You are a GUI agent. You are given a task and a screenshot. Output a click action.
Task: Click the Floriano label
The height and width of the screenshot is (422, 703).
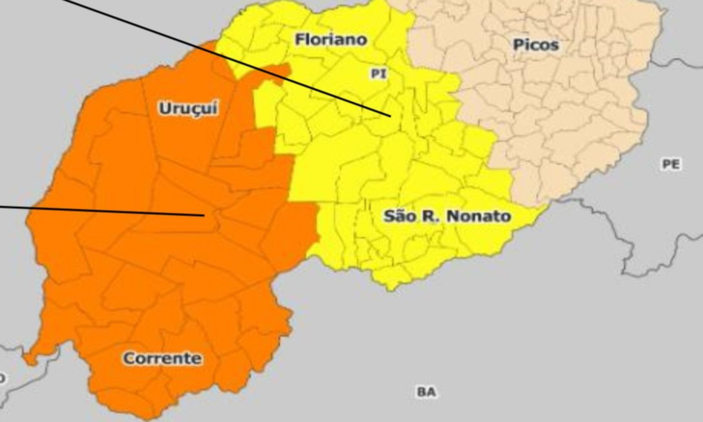[x=331, y=39]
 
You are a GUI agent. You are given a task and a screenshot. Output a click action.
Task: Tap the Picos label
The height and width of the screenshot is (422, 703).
[x=536, y=45]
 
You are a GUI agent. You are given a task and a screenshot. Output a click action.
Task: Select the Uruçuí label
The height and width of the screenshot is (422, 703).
[x=188, y=108]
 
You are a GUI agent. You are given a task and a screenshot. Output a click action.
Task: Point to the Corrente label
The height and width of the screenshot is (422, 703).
[x=162, y=359]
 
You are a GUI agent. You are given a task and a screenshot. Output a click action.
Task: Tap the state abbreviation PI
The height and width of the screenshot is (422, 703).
[x=378, y=73]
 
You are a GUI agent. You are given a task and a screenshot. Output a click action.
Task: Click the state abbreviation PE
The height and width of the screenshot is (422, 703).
[x=671, y=164]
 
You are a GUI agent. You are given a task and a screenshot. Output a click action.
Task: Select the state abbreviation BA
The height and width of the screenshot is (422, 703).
[x=425, y=392]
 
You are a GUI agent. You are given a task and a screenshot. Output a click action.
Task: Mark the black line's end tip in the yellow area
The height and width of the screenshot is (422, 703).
[x=389, y=116]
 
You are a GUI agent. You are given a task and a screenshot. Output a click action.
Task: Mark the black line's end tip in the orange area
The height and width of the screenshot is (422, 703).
[x=204, y=215]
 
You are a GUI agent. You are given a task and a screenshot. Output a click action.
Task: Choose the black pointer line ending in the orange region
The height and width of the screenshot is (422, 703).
[x=105, y=211]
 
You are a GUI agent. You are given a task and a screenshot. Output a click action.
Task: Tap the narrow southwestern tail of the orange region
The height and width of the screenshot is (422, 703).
[x=32, y=358]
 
